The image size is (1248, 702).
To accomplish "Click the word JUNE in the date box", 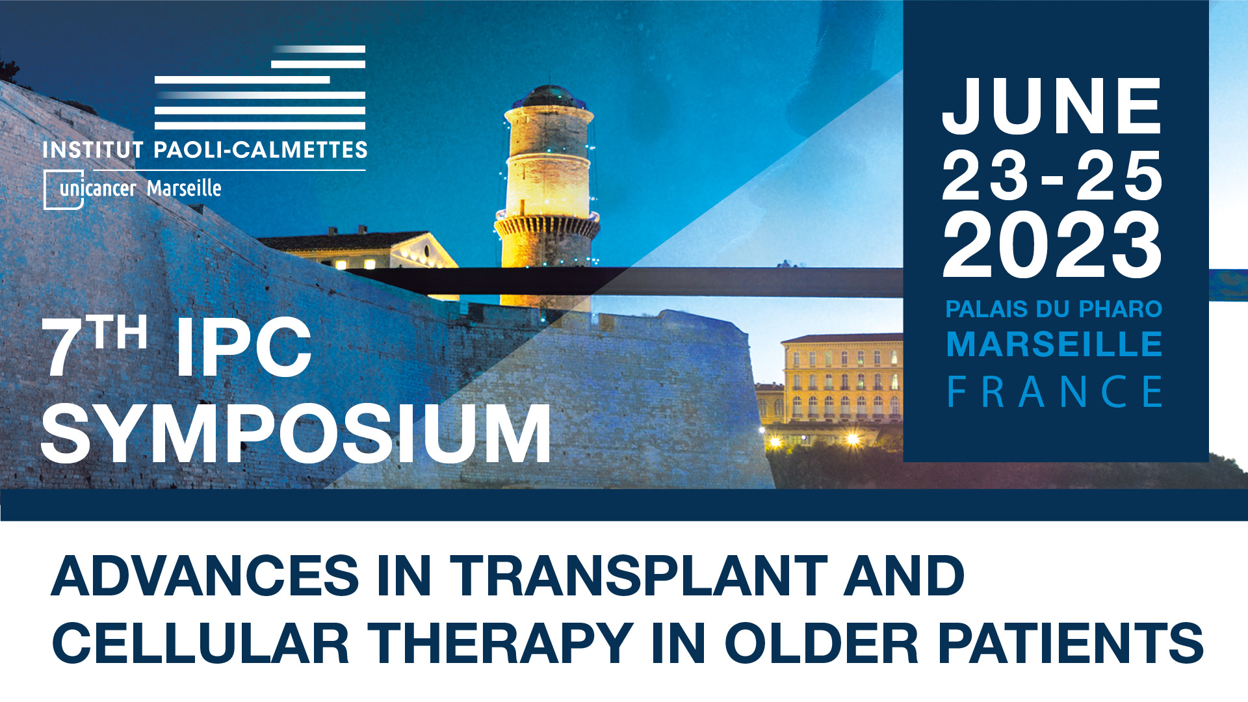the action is tap(1052, 106).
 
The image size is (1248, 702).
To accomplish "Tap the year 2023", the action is tap(1052, 246).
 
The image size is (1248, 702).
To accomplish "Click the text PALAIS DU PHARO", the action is tap(1054, 309).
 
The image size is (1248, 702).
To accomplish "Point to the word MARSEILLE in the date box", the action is tap(1054, 344).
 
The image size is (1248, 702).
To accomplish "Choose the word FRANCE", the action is tap(1054, 391).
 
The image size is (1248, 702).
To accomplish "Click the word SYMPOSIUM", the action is tap(296, 434).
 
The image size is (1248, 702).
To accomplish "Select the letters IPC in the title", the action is tap(244, 348).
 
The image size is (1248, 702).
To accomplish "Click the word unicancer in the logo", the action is tap(97, 189).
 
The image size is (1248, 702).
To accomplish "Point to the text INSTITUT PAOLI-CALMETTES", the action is tap(205, 150).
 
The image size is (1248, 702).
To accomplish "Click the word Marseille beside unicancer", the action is tap(184, 188).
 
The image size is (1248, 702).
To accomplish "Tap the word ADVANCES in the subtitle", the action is tap(205, 576).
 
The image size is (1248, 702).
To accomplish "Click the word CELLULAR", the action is tap(201, 643).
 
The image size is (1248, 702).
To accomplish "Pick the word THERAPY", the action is tap(500, 643).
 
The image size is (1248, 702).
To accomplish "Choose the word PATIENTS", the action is tap(1070, 643).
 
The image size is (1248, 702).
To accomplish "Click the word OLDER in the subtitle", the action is tap(822, 643).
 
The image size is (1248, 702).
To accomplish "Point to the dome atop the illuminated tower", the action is tap(549, 97).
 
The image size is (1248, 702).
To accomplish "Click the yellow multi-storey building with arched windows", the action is tap(842, 380).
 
